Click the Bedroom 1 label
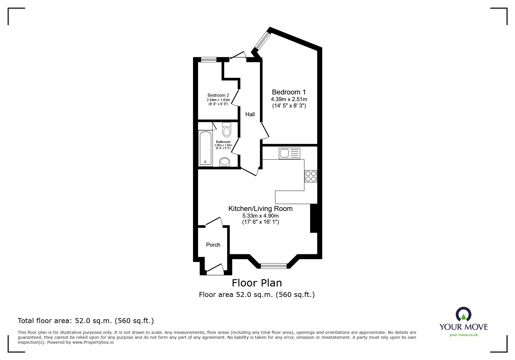point(289,92)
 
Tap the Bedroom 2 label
point(218,95)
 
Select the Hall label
point(250,114)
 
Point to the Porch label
point(213,245)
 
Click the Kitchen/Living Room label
point(260,209)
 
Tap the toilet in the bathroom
point(227,130)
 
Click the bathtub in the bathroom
point(205,148)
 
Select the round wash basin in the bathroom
point(224,162)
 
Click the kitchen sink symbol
point(289,153)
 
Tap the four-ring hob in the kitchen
point(311,176)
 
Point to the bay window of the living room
point(274,266)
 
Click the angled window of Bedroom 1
point(263,40)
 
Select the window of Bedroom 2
point(209,60)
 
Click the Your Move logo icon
point(463,315)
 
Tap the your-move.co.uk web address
point(464,335)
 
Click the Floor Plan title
point(257,283)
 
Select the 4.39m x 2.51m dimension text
point(289,99)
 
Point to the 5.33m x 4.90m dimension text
point(260,216)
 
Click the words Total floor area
point(44,321)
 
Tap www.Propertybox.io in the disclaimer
point(93,342)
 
